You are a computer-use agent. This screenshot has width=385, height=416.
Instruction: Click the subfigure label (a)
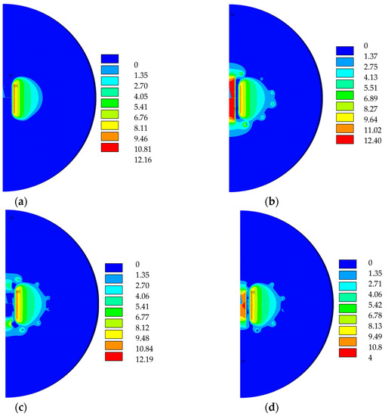pyautogui.click(x=10, y=200)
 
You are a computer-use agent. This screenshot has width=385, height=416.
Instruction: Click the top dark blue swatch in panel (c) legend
pyautogui.click(x=109, y=267)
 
